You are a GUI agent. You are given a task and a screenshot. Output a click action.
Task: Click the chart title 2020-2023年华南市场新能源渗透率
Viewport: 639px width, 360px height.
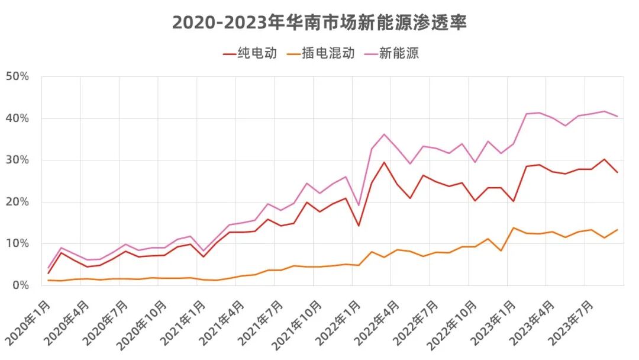click(319, 22)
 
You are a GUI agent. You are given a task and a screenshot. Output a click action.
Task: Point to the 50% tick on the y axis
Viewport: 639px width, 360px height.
click(17, 76)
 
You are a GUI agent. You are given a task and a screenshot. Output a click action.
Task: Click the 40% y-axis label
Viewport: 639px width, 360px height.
click(17, 118)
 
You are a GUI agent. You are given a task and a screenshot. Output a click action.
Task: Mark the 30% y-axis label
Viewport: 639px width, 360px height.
click(17, 160)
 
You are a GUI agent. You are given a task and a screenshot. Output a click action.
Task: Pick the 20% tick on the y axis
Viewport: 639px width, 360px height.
click(17, 202)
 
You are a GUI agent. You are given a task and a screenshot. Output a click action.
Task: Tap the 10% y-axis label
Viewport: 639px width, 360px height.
click(17, 243)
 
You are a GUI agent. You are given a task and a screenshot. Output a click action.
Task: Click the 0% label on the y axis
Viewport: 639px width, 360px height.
click(20, 285)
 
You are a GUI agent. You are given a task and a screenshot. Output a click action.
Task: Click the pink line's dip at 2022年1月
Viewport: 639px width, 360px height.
click(359, 205)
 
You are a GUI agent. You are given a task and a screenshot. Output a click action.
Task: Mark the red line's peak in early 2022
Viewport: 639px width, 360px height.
click(384, 162)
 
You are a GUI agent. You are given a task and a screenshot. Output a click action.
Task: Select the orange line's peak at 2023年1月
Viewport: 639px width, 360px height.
click(513, 228)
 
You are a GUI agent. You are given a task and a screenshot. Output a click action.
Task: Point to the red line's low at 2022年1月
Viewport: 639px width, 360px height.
click(359, 226)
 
